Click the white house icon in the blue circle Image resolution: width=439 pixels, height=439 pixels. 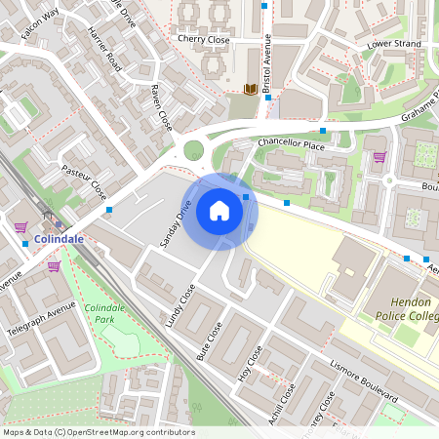pos(219,211)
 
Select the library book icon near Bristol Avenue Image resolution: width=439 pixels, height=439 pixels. pos(250,90)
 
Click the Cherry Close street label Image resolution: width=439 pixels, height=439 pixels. pos(203,40)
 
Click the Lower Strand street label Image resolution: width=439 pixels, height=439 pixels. pos(392,45)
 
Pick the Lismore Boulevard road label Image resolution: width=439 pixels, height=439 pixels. pos(365,381)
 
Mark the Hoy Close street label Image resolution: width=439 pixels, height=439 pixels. pos(251,362)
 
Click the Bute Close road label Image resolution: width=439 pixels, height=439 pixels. pos(210,341)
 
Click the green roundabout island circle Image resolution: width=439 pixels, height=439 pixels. pos(193,150)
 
